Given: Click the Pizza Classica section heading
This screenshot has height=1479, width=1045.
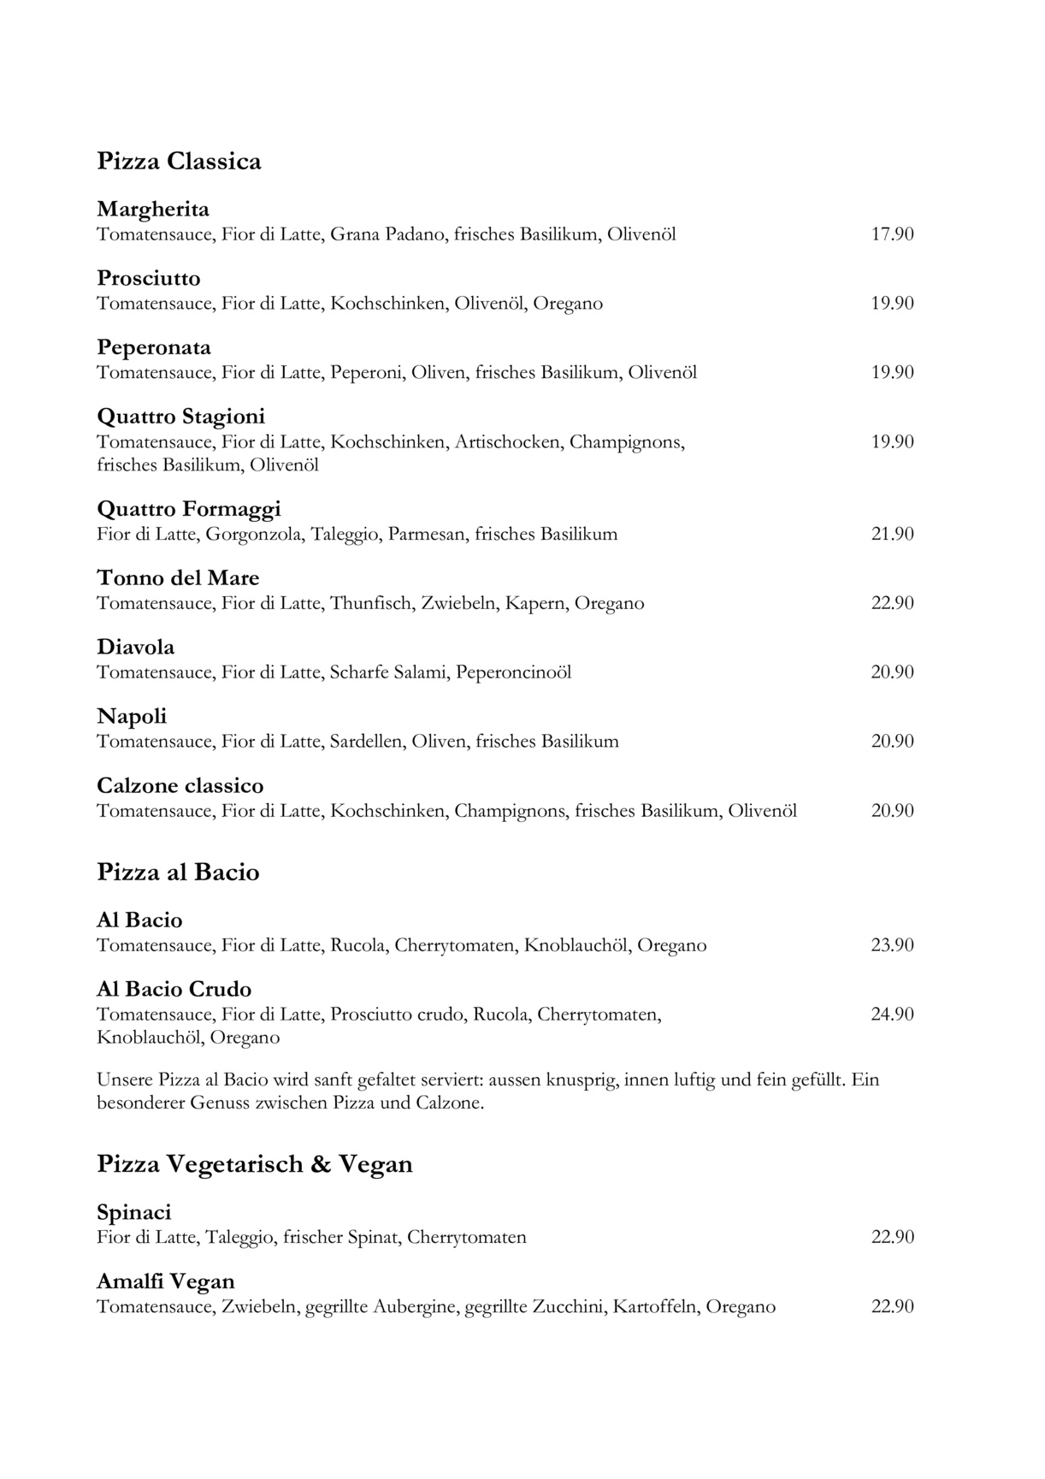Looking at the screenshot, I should point(179,162).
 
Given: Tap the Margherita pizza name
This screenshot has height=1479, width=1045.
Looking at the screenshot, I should point(153,210).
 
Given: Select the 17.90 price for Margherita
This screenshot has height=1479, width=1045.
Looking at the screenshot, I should point(892,234).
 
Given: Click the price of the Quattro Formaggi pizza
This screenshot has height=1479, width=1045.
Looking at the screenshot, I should point(892,534).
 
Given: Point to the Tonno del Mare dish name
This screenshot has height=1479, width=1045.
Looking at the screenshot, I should point(178,578).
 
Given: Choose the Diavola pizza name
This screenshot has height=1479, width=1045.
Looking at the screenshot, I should point(135,648).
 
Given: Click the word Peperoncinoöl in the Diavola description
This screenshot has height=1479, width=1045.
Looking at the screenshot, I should point(513,672).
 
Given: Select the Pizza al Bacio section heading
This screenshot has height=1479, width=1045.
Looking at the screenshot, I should point(178,873).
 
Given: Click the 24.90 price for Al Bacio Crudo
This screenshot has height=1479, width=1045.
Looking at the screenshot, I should point(892,1014).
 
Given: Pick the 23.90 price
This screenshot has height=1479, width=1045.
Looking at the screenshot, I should point(892,945).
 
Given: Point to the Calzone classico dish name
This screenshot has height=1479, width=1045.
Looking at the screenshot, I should point(180,786).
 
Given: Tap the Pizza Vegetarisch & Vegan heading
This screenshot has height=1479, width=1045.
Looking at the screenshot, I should point(255,1164).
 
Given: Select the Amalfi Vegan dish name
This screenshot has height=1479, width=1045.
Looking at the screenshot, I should point(165,1282).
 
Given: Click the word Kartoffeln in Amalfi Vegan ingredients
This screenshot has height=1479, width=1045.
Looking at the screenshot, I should point(654,1307).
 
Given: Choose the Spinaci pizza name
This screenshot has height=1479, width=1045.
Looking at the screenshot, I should point(134,1213).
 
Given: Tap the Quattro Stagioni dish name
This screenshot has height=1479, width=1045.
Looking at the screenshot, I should point(181,417).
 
